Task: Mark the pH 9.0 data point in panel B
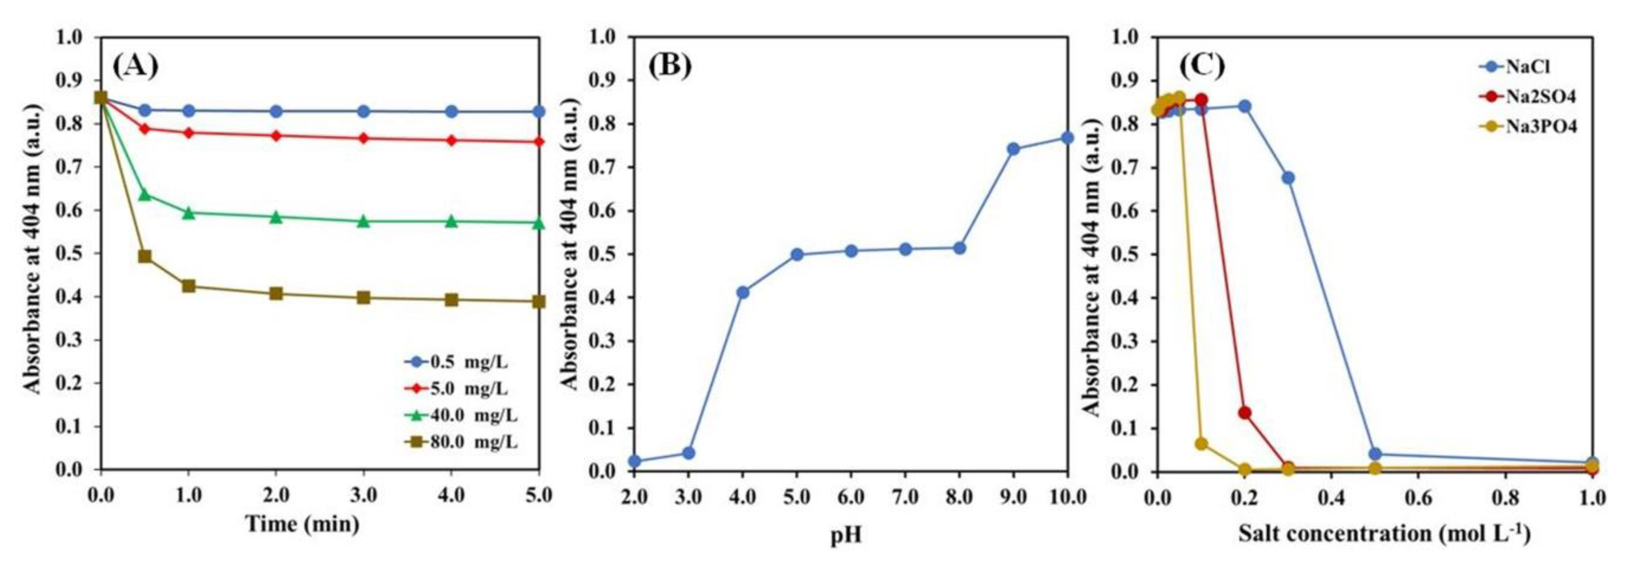tap(1014, 149)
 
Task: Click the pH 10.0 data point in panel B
tap(1068, 137)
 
